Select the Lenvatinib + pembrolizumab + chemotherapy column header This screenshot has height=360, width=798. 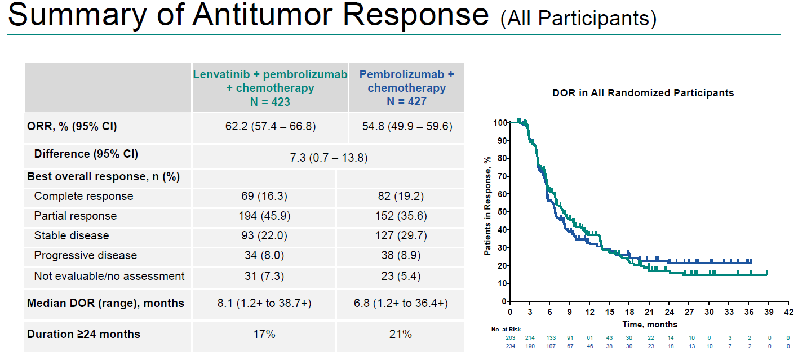click(x=270, y=87)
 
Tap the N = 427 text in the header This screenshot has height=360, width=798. click(x=406, y=101)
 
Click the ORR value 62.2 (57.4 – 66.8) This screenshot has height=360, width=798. click(x=270, y=126)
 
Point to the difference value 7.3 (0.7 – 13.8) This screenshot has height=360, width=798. click(x=328, y=157)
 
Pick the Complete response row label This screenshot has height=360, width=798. click(x=83, y=196)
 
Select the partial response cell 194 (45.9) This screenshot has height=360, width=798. click(x=264, y=216)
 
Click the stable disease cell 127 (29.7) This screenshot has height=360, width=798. click(x=400, y=235)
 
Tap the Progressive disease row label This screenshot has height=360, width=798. click(x=85, y=255)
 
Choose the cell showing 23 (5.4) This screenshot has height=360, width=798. click(x=400, y=276)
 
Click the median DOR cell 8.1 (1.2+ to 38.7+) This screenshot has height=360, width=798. click(x=264, y=303)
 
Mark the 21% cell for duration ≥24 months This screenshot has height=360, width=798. click(x=400, y=334)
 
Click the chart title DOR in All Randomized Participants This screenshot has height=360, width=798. click(x=643, y=93)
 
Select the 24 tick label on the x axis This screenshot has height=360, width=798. click(x=670, y=312)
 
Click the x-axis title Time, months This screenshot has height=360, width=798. click(x=650, y=325)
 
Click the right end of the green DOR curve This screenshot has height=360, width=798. click(x=766, y=274)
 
